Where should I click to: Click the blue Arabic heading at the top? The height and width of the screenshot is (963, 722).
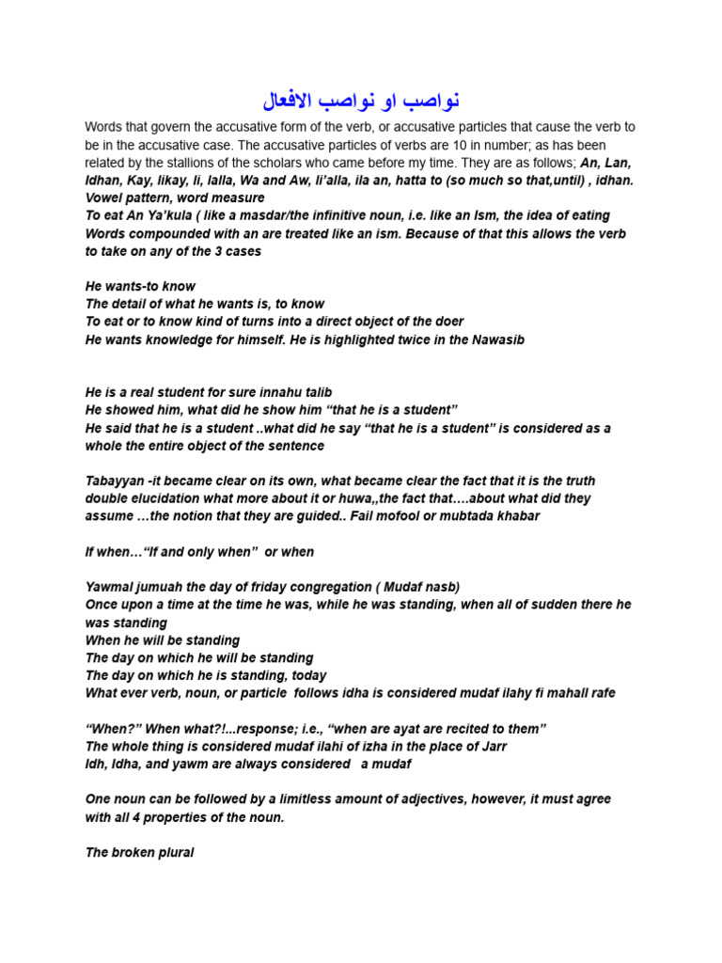[361, 99]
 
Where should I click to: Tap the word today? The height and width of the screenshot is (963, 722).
[306, 675]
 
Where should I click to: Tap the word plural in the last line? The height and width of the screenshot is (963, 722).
[172, 853]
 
